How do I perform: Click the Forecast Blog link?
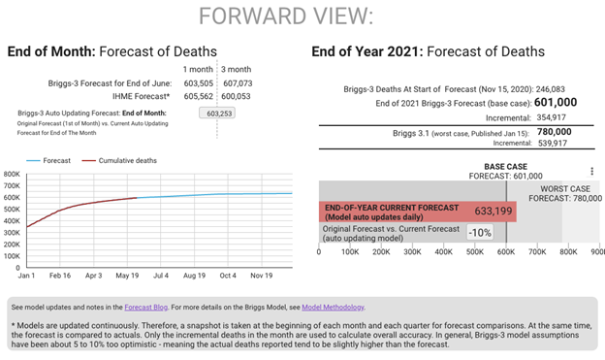(x=145, y=308)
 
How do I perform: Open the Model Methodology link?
(x=333, y=308)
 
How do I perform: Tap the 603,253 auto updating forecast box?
(x=217, y=114)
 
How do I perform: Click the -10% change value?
(x=480, y=233)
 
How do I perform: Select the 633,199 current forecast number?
(x=494, y=211)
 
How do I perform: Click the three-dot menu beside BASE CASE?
(x=591, y=171)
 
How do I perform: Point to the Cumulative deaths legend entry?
(x=119, y=161)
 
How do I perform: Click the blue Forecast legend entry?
(x=48, y=161)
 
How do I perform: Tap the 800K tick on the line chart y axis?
(x=12, y=175)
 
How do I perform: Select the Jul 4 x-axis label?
(x=161, y=276)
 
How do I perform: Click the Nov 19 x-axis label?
(x=261, y=276)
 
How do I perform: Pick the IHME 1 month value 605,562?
(x=199, y=96)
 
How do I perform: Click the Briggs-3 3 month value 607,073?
(x=238, y=83)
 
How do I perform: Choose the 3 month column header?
(x=237, y=69)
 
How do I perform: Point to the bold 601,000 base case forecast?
(x=556, y=102)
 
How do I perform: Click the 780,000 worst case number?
(x=554, y=132)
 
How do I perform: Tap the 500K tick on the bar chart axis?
(x=474, y=252)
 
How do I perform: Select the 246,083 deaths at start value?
(x=550, y=89)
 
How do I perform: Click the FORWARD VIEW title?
(x=286, y=16)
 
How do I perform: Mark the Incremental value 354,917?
(x=551, y=117)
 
